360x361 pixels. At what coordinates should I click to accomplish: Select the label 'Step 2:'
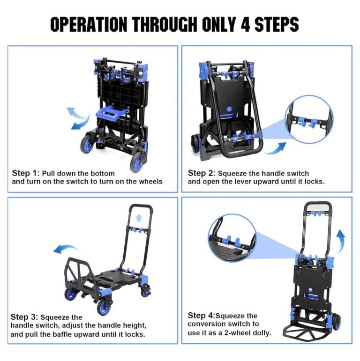click(x=201, y=173)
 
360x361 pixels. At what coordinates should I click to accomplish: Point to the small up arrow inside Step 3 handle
click(x=140, y=217)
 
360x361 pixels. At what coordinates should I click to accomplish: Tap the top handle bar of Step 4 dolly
click(x=316, y=205)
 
